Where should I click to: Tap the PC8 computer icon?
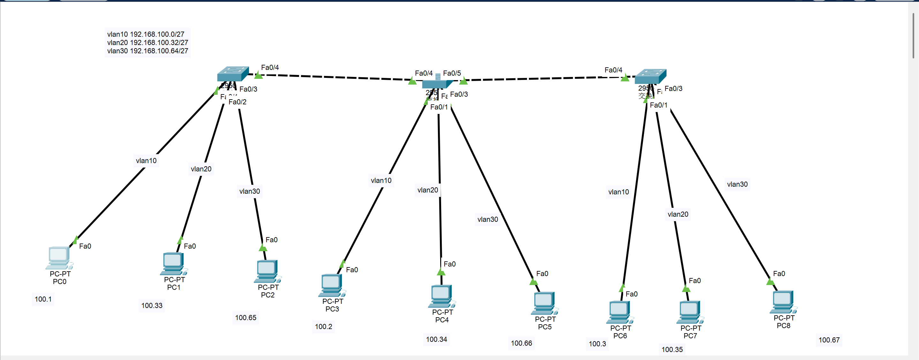coord(783,302)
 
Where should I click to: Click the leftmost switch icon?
coord(233,73)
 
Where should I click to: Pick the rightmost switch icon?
coord(650,76)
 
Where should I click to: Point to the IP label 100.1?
coord(43,299)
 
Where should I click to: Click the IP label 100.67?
coord(829,340)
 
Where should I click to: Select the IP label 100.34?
coord(436,339)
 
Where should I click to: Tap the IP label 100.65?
coord(245,318)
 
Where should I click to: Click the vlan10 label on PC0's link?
coord(146,161)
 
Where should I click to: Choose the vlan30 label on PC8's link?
coord(737,184)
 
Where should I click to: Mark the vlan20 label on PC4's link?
coord(427,190)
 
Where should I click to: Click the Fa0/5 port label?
coord(452,73)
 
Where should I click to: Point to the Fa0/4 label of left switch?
coord(270,67)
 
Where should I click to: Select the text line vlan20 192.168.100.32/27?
coord(147,42)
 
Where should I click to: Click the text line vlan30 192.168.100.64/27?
coord(147,51)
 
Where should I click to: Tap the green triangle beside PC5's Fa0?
coord(533,281)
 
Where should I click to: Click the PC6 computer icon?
coord(620,312)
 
